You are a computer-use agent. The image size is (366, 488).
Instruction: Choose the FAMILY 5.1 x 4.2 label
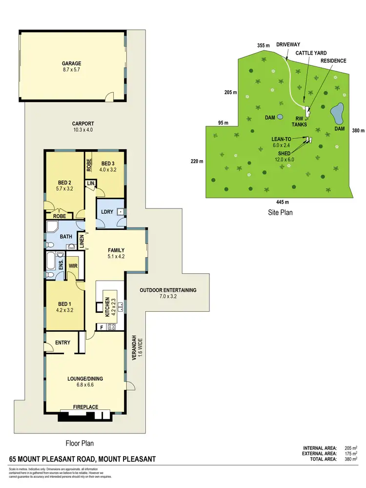(x=116, y=253)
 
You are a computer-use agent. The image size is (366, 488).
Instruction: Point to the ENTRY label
(x=63, y=343)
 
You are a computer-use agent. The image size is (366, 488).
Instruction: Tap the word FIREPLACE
(x=86, y=407)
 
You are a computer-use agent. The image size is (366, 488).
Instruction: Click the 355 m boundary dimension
(x=264, y=45)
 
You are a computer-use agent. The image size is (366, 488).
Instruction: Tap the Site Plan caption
(x=280, y=213)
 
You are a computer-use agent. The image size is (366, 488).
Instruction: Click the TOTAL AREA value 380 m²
(x=352, y=459)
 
